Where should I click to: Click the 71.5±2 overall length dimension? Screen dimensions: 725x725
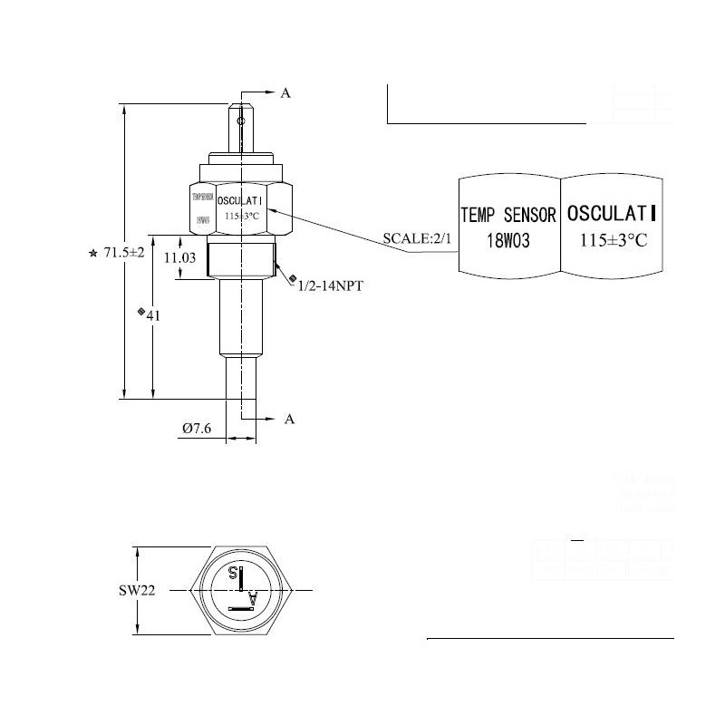pos(125,253)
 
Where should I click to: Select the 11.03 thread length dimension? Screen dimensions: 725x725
pos(179,257)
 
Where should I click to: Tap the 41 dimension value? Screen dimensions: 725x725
pos(153,315)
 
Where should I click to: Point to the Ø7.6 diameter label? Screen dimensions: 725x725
pos(197,429)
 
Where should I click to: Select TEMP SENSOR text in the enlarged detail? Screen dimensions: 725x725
pos(508,216)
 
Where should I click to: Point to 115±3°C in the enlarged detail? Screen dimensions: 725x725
pos(614,241)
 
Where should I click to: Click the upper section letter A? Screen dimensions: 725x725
pos(285,93)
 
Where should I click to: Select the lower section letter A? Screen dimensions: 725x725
pos(290,419)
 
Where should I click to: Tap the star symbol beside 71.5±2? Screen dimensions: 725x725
pos(93,254)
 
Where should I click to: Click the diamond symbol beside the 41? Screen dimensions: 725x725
pos(140,312)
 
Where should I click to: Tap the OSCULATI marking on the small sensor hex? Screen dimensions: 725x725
pos(240,200)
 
